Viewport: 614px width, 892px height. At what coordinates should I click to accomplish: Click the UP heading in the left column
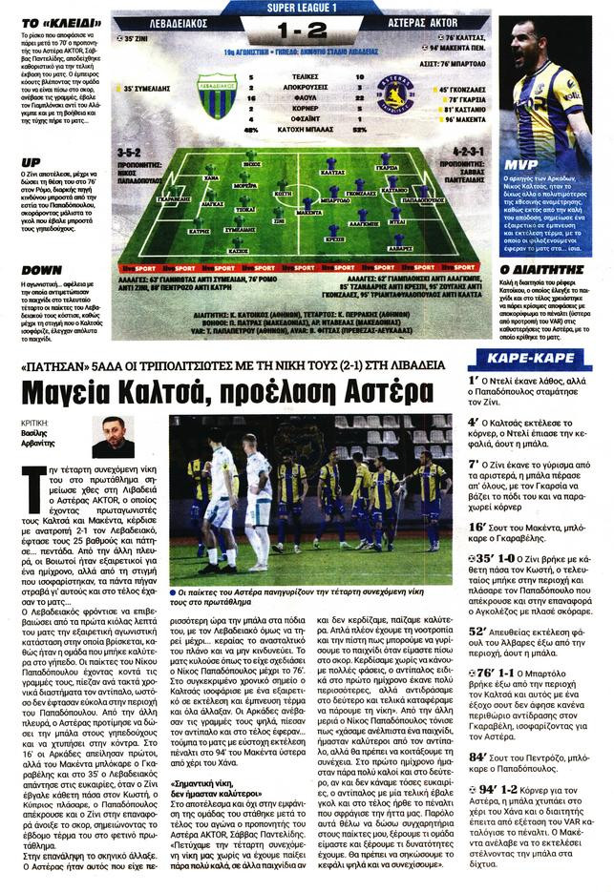tap(29, 163)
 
